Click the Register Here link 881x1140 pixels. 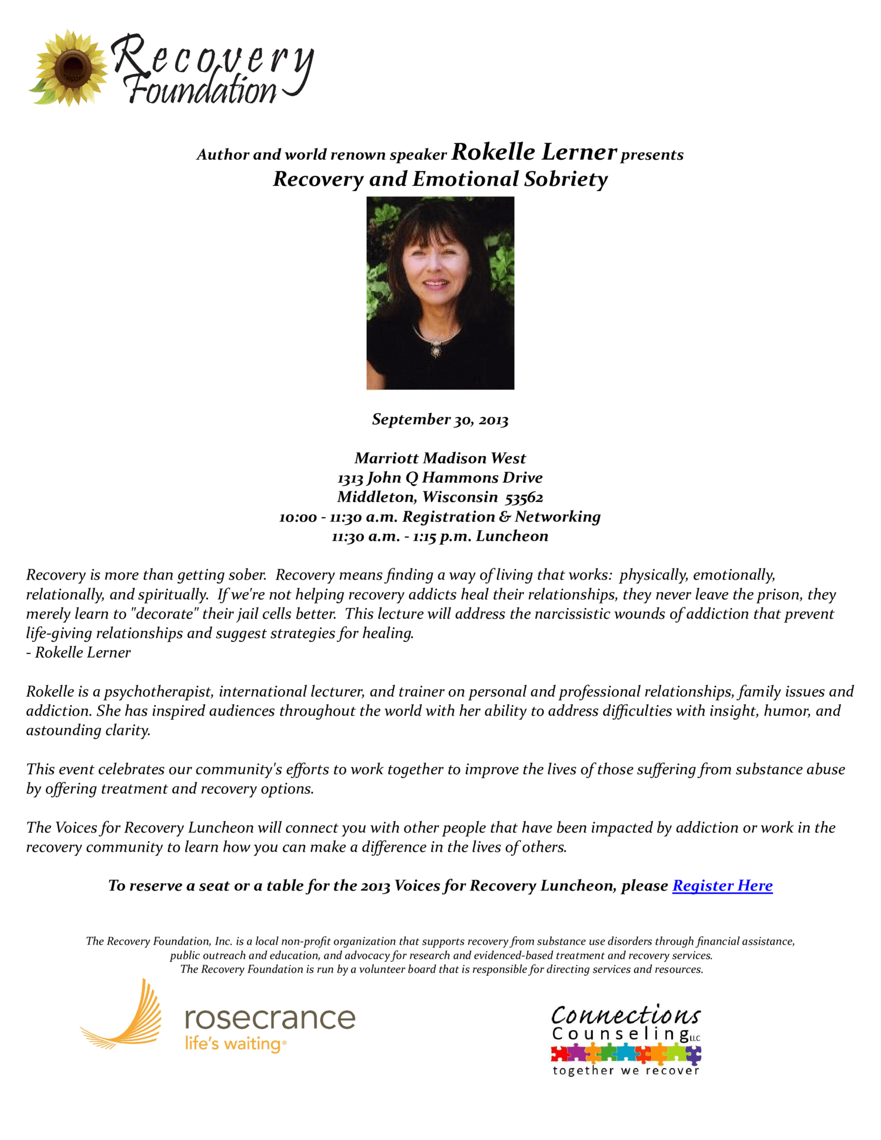coord(722,886)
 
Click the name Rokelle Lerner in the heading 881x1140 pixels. coord(534,152)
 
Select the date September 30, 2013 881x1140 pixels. coord(440,419)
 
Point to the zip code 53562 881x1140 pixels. coord(524,497)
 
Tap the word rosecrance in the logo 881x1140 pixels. coord(270,1018)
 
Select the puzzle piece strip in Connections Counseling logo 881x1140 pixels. coord(626,1054)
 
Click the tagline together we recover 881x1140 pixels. coord(626,1071)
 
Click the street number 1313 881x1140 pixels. coord(351,478)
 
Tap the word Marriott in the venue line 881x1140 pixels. coord(387,458)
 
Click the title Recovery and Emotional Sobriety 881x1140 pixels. coord(440,179)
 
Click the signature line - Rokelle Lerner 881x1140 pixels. coord(78,652)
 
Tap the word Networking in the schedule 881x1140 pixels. coord(557,517)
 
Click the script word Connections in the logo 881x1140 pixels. coord(626,1016)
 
